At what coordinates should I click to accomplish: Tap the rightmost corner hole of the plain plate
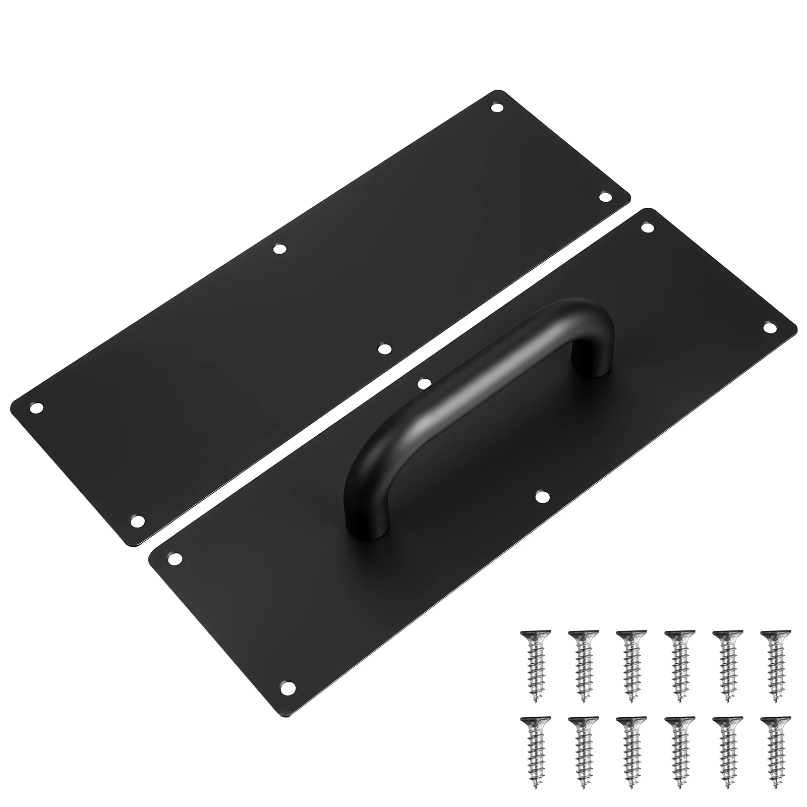(604, 197)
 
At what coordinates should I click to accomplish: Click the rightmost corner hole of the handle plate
(769, 328)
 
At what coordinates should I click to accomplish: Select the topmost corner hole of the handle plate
(647, 227)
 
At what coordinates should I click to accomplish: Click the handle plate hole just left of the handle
(424, 383)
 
